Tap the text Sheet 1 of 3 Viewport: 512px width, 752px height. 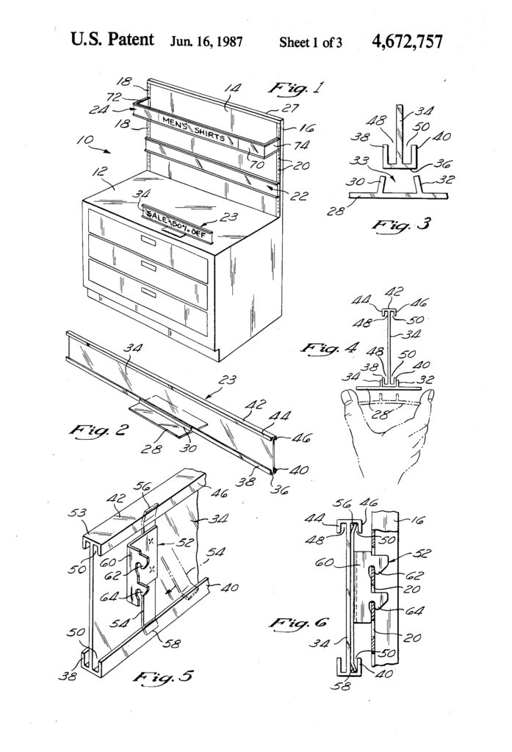pyautogui.click(x=311, y=42)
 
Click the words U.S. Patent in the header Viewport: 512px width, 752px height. pyautogui.click(x=112, y=40)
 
